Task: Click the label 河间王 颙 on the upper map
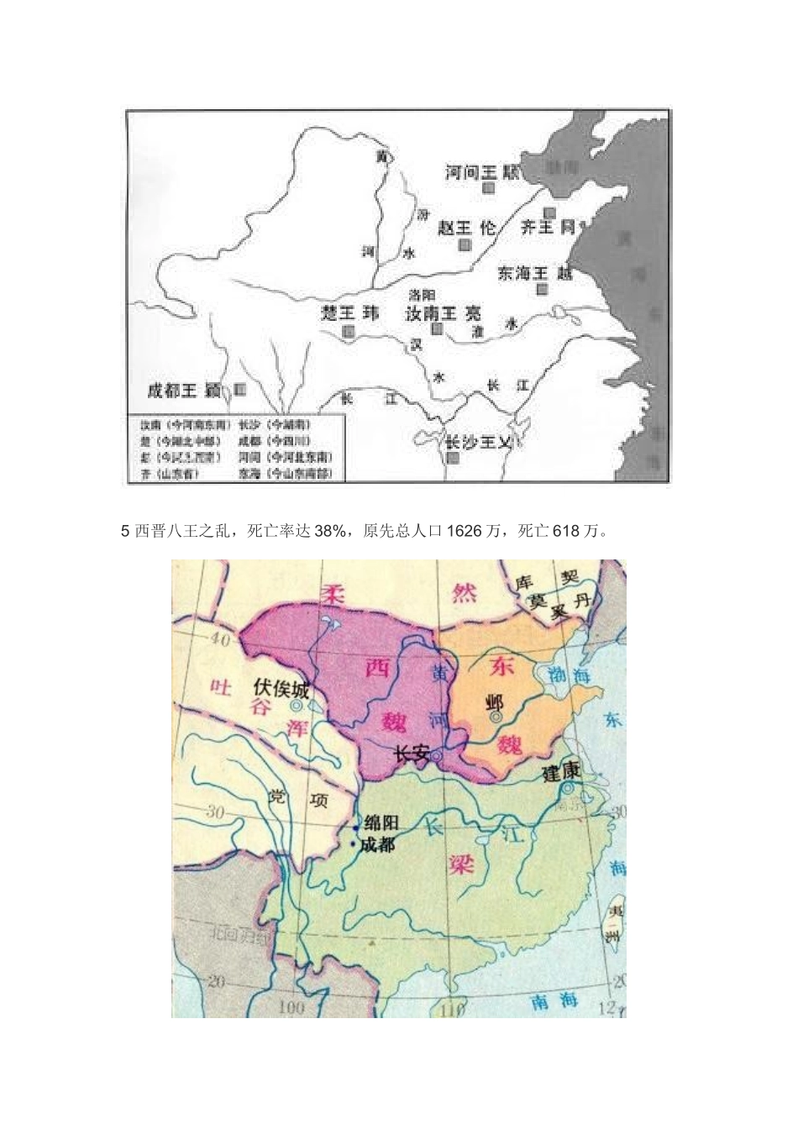pyautogui.click(x=482, y=172)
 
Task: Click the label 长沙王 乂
pyautogui.click(x=478, y=442)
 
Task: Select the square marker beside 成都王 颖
pyautogui.click(x=240, y=390)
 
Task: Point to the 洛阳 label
pyautogui.click(x=422, y=295)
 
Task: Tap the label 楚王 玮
pyautogui.click(x=350, y=313)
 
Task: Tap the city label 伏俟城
pyautogui.click(x=281, y=690)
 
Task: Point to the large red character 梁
pyautogui.click(x=460, y=863)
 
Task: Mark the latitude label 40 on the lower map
pyautogui.click(x=219, y=640)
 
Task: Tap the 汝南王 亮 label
pyautogui.click(x=444, y=313)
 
